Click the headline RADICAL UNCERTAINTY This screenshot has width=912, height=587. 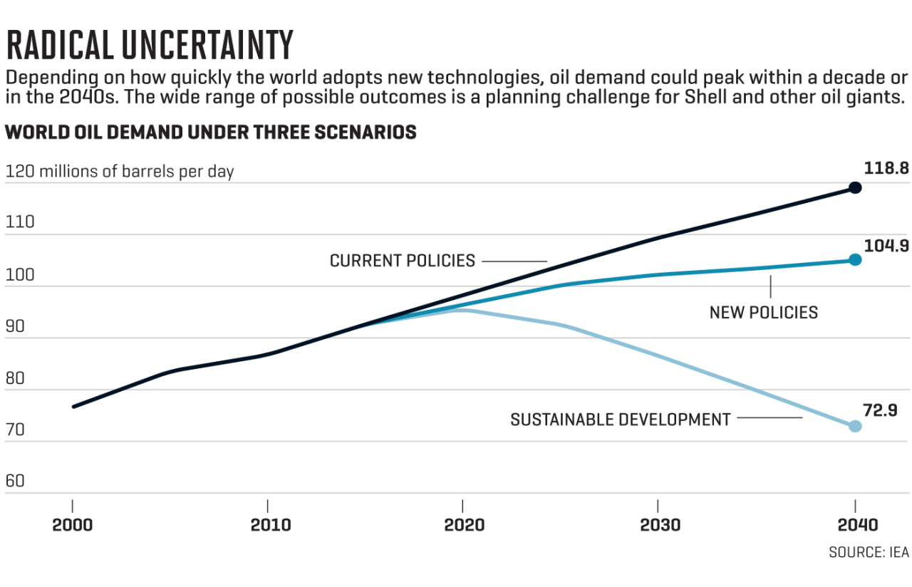coord(150,46)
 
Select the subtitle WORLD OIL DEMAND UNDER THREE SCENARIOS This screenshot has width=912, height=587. coord(211,133)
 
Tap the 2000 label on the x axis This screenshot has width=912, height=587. coord(73,525)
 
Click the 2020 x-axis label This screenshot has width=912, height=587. coord(464,525)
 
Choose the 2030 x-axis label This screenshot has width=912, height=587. coord(660,525)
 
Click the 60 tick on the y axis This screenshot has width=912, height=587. coord(15,481)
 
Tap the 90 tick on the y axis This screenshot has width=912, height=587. coord(15,326)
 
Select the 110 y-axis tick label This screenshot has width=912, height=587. coord(19,222)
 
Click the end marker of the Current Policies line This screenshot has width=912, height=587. coord(855,187)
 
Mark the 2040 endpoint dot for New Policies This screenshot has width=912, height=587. coord(855,259)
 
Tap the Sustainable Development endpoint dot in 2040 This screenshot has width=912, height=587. coord(855,426)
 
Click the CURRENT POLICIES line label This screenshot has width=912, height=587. coord(402,261)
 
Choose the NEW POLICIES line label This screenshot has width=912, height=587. coord(763,312)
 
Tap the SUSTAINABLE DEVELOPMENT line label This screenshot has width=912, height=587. coord(620,420)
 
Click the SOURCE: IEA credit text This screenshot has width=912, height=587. coord(867,553)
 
